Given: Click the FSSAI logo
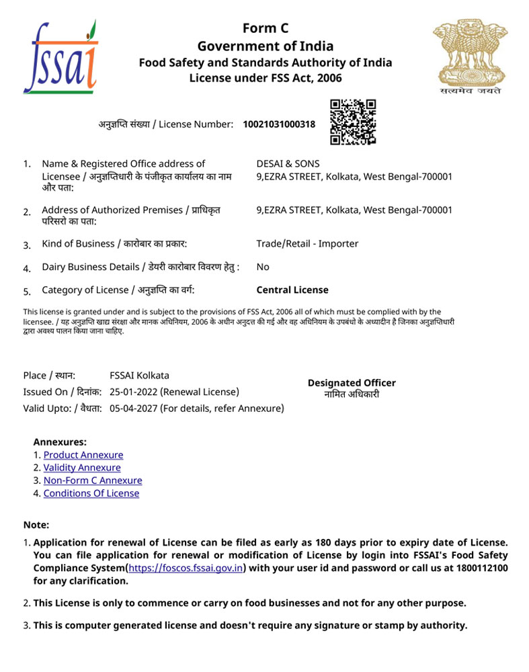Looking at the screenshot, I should coord(60,58).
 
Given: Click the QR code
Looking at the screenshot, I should coord(352,122).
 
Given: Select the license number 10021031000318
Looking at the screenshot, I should coord(279,124).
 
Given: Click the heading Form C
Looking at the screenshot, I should coord(265,28).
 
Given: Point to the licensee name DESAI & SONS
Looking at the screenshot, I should coord(288,163).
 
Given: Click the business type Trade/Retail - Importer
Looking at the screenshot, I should coord(307,243).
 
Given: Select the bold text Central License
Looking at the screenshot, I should coord(292,290).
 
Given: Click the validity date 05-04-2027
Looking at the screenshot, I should coord(133,408).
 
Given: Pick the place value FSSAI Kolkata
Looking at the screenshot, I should coord(139,376).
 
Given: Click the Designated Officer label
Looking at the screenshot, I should coord(352,383).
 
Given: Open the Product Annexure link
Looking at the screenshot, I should coord(83,455).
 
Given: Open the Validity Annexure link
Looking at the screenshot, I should coord(82,468).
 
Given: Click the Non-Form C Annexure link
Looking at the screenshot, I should coord(93,480).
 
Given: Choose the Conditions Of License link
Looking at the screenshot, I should coord(91,493).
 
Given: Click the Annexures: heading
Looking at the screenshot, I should coord(60,442).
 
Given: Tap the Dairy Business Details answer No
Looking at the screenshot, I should coord(263,267).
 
